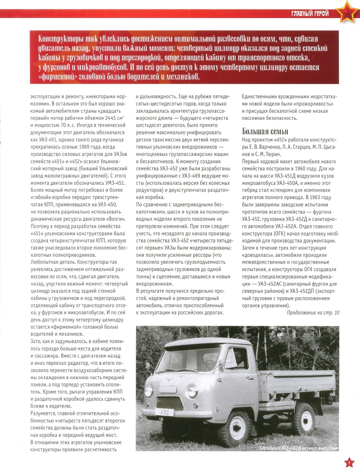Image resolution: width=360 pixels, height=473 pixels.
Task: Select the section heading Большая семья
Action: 265,131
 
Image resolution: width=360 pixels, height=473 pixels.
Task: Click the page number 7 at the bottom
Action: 350,463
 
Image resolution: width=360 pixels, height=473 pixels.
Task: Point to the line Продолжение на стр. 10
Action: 313,313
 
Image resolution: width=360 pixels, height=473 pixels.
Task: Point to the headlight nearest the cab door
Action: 192,392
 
